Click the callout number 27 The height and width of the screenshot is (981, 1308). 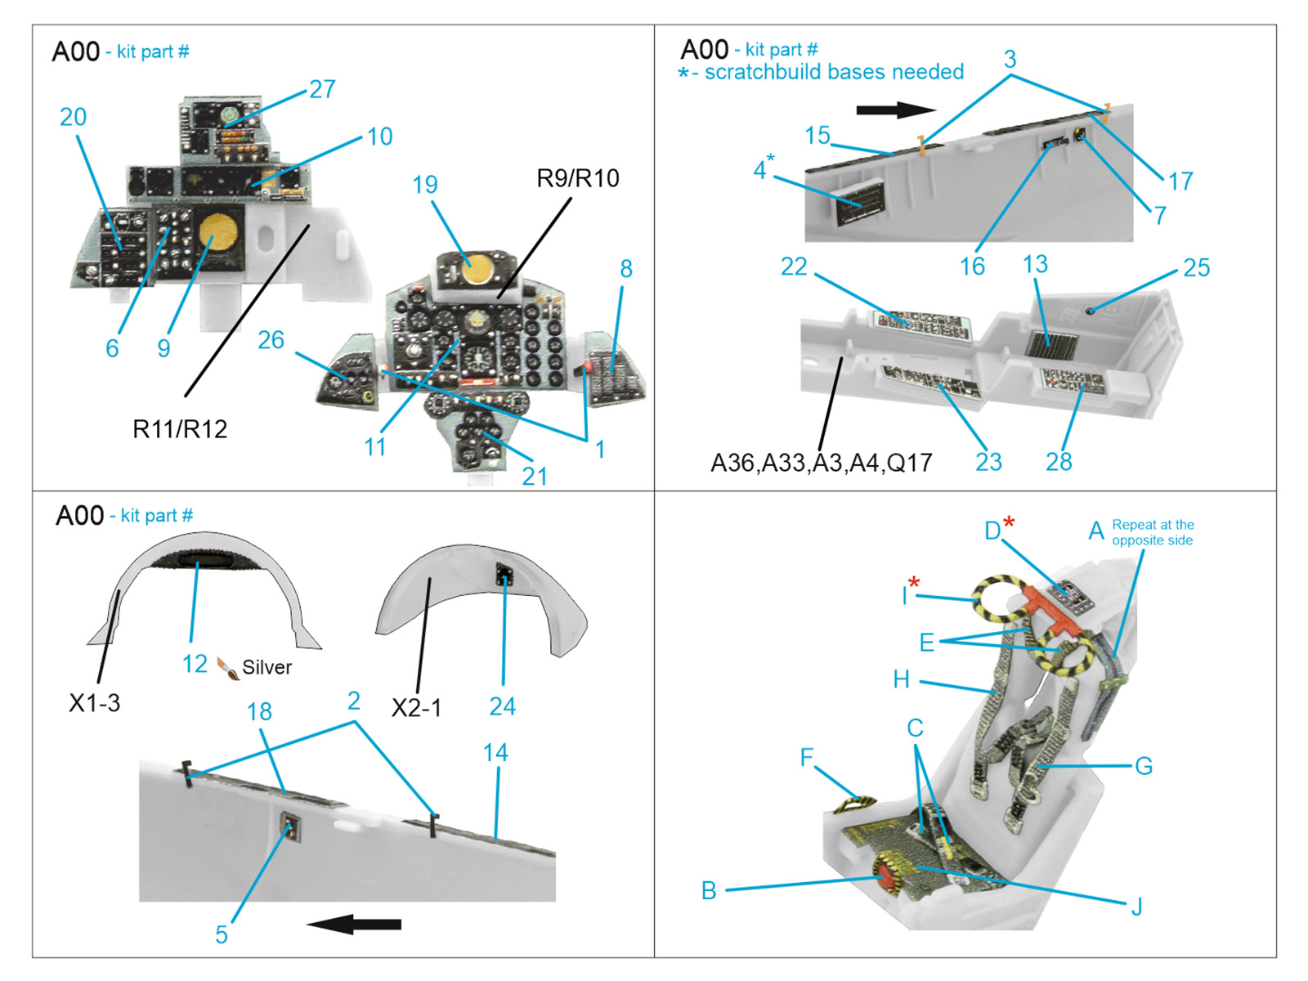(322, 89)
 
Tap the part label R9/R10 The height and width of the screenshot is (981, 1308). (577, 178)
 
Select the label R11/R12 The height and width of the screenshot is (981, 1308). (180, 428)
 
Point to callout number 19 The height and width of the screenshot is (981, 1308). (425, 185)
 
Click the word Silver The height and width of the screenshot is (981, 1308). (267, 667)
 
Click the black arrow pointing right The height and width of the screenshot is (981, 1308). (896, 110)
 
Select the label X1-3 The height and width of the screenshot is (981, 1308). (94, 703)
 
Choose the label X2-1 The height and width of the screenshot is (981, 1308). (416, 707)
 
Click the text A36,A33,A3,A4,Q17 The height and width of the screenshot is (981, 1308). (821, 463)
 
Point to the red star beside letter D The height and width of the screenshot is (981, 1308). (1010, 522)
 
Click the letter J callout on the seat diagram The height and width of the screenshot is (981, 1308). (1136, 906)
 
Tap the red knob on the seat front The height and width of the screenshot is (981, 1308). (886, 877)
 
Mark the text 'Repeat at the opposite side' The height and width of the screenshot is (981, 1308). (1152, 532)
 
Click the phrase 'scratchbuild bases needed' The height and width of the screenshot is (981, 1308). (834, 72)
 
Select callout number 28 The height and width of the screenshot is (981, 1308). (1059, 462)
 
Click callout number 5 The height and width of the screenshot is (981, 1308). (222, 934)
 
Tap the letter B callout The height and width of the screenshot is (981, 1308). (709, 890)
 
